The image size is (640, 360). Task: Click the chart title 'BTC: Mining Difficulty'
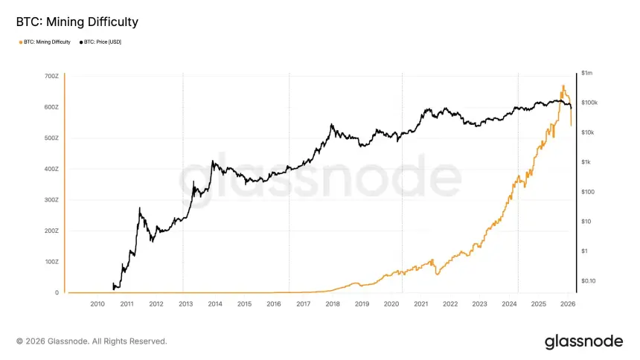77,22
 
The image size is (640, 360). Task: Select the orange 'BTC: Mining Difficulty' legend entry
47,42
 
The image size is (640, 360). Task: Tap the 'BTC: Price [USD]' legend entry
101,42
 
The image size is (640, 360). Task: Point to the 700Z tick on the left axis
51,77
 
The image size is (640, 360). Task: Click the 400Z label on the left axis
51,169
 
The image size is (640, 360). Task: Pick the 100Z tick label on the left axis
51,262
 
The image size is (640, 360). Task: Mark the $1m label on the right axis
587,73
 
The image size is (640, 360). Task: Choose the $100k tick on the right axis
589,103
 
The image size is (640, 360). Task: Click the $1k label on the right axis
586,162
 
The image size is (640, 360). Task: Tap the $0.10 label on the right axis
589,280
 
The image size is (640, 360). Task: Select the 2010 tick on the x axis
97,303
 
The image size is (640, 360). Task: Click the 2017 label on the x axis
303,303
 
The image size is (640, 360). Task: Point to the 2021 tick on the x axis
420,303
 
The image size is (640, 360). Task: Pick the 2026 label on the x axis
567,303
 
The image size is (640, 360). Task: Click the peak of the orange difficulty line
563,86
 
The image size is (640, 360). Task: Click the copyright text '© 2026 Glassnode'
92,341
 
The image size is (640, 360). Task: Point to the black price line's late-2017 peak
331,125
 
